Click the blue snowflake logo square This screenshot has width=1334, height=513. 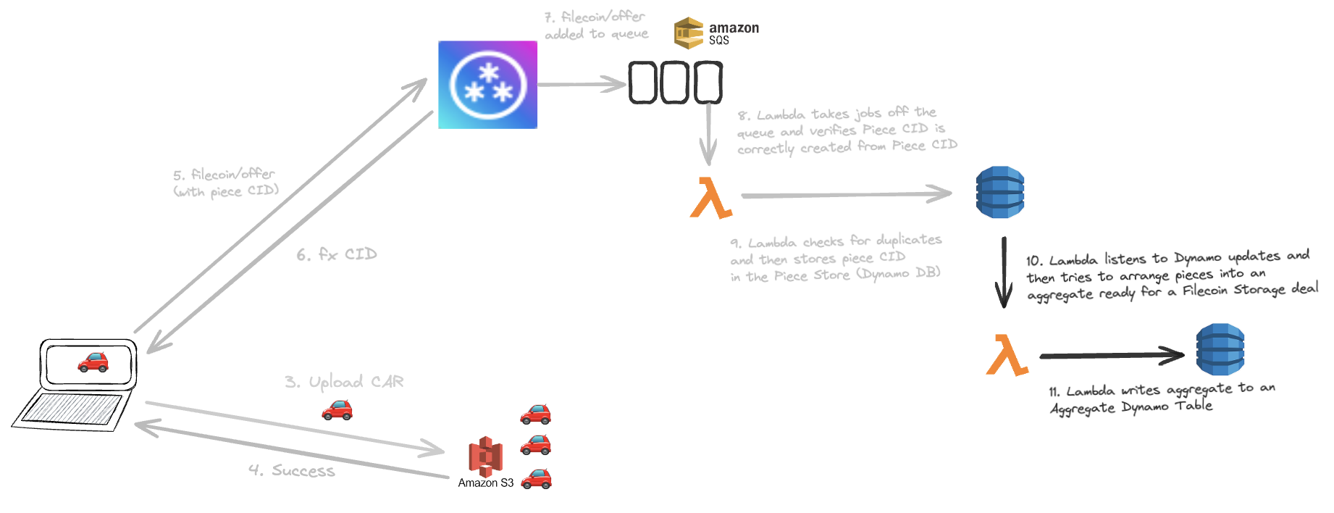pos(487,85)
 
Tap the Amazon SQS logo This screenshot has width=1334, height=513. pos(716,33)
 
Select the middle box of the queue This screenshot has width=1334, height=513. pos(675,82)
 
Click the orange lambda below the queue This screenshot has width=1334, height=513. pos(710,198)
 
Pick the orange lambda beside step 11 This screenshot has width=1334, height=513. pos(1007,355)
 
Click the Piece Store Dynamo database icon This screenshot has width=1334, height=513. pos(1000,192)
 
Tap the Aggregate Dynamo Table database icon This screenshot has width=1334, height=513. pos(1220,349)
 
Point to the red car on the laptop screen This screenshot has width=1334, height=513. pos(93,362)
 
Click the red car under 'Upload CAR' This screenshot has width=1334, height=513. pos(337,411)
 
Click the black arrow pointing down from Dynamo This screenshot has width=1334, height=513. pos(1004,272)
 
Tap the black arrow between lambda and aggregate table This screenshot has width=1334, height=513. pos(1112,355)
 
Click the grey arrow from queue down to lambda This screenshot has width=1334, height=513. pos(708,134)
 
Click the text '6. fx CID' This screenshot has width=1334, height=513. pos(337,254)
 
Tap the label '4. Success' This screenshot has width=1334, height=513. pos(292,471)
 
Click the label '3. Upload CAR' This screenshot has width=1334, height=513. pos(344,382)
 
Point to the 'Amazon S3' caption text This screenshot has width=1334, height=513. pos(485,483)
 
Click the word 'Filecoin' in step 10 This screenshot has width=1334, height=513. pos(1207,291)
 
